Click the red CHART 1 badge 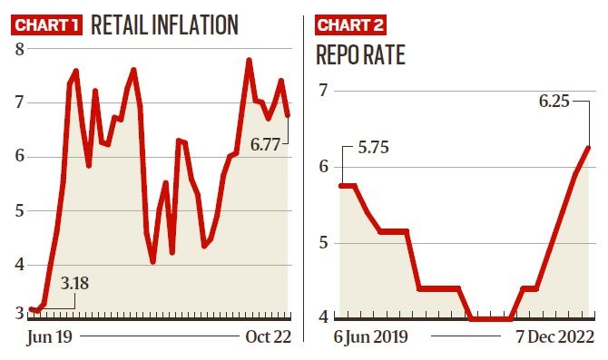click(46, 24)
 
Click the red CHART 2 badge click(349, 24)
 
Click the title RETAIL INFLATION click(164, 24)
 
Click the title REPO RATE click(360, 54)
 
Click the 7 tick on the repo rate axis click(323, 90)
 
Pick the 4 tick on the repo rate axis click(323, 316)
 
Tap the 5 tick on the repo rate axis click(323, 242)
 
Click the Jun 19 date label click(52, 337)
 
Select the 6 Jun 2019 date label click(371, 337)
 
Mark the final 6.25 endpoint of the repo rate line click(588, 148)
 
